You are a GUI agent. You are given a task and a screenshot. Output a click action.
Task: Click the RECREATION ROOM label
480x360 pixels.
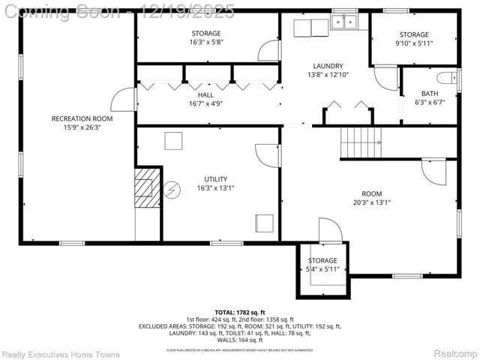(82, 118)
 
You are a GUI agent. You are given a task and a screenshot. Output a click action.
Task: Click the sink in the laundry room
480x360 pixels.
(345, 23)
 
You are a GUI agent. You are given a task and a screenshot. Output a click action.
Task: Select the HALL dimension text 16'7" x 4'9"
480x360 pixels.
(205, 104)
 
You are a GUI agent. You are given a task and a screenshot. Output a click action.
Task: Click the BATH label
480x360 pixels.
(429, 94)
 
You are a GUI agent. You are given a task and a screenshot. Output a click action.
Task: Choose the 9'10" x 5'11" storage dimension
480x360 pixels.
(414, 43)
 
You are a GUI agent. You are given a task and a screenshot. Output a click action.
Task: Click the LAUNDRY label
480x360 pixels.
(328, 65)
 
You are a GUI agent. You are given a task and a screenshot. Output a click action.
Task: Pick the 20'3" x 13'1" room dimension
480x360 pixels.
(371, 202)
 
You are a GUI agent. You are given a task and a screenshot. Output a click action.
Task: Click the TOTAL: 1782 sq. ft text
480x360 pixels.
(240, 312)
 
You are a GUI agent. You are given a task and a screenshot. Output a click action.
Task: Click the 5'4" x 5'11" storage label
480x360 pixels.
(322, 269)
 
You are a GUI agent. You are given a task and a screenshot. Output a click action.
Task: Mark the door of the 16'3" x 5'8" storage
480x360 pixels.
(268, 50)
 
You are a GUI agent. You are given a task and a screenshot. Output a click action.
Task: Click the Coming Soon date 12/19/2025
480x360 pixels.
(196, 10)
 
